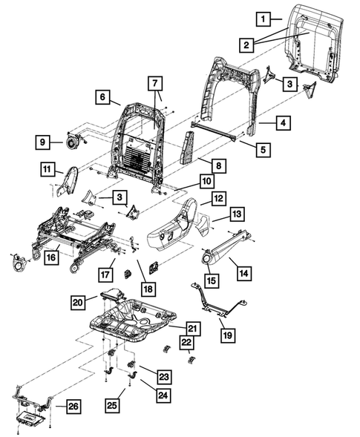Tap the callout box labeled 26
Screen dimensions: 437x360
[x=71, y=406]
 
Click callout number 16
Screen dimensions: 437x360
[x=51, y=257]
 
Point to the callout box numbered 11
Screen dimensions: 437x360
[x=48, y=171]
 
